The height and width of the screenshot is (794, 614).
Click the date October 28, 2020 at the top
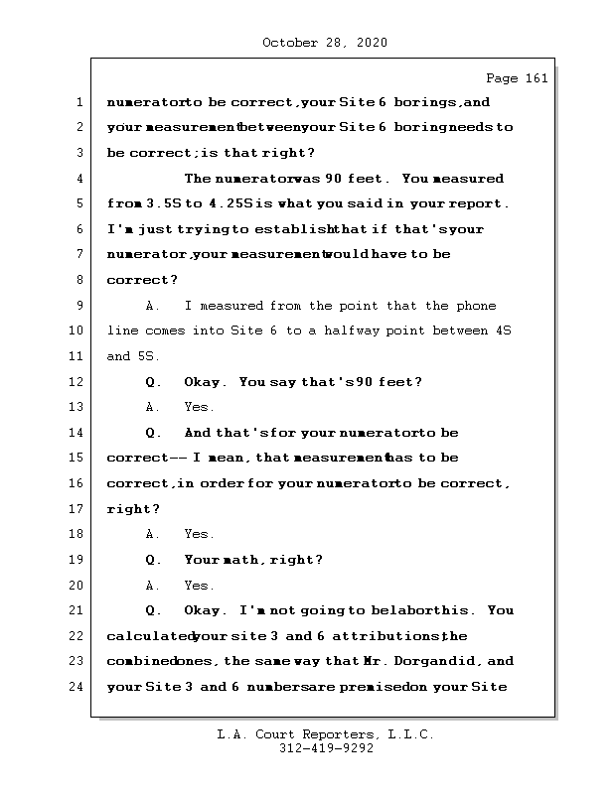point(324,43)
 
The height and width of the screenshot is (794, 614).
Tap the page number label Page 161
point(516,78)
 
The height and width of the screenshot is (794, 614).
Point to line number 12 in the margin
point(76,382)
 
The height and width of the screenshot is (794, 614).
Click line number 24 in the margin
point(76,687)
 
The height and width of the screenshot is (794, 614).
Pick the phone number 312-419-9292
point(325,749)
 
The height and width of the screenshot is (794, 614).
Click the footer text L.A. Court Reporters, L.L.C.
point(325,735)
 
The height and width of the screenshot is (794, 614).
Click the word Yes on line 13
point(199,407)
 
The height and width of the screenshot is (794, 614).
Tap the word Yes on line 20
point(199,586)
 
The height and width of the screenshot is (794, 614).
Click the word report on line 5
point(481,204)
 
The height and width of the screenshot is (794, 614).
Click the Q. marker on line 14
point(153,433)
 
